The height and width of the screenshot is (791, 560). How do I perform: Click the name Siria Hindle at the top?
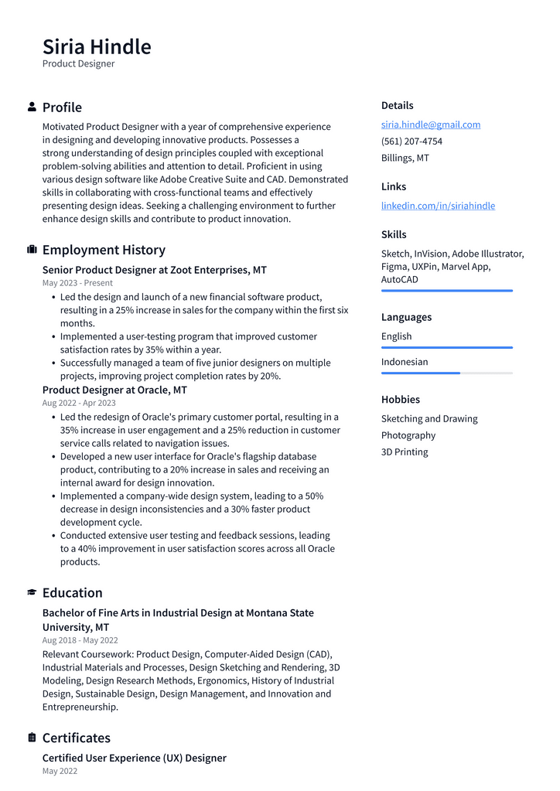(x=97, y=46)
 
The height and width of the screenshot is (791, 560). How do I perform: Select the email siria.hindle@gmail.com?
(x=430, y=124)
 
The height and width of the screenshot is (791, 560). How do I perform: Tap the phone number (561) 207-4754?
(x=411, y=141)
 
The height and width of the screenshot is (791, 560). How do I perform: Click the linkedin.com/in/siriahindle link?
(x=438, y=206)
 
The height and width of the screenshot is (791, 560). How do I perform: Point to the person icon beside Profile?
(x=32, y=107)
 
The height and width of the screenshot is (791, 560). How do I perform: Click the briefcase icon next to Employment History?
(x=32, y=250)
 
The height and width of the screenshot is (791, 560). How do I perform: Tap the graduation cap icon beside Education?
(x=32, y=592)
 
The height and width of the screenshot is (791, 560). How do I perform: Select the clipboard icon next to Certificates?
(x=32, y=738)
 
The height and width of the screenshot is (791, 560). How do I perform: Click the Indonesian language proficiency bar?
(x=446, y=373)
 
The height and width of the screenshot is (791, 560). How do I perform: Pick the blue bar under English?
(x=446, y=347)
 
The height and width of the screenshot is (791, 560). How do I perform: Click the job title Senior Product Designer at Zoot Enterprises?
(x=154, y=270)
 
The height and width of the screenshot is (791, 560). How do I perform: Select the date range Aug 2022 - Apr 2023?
(x=79, y=403)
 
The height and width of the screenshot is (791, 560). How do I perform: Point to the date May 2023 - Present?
(x=77, y=283)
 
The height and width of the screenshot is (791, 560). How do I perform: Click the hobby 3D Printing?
(x=404, y=452)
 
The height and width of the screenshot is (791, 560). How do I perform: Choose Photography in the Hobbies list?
(x=408, y=435)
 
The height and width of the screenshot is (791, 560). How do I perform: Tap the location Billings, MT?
(x=405, y=158)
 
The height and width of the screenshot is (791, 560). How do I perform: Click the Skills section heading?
(x=393, y=234)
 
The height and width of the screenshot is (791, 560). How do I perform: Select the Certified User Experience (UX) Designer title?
(x=134, y=758)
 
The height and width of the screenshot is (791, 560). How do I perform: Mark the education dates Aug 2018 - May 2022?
(x=80, y=640)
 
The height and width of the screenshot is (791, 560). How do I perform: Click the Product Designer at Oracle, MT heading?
(x=114, y=390)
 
